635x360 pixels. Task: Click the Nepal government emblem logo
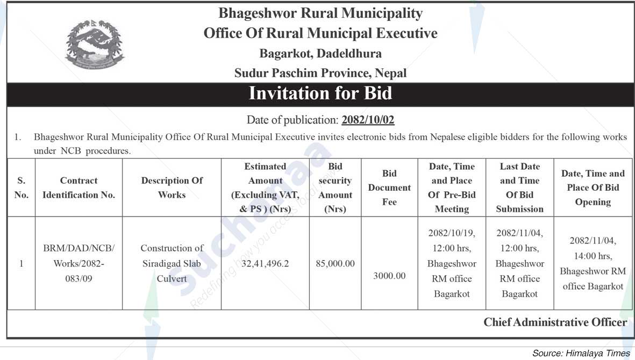[94, 45]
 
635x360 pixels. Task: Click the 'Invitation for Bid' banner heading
[320, 93]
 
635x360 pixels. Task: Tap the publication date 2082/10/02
[368, 120]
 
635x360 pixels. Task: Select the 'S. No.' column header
[22, 188]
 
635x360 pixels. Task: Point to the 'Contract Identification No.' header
[79, 188]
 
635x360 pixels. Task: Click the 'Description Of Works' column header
[172, 188]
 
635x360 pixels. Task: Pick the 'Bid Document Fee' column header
[389, 188]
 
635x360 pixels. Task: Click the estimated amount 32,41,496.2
[265, 264]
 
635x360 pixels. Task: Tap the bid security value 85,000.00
[335, 264]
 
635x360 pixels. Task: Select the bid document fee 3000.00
[389, 276]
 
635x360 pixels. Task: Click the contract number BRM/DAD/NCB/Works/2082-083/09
[79, 263]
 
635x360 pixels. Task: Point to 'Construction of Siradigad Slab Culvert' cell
[172, 263]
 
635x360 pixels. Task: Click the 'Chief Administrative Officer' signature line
[555, 322]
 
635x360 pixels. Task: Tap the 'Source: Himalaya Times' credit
[581, 353]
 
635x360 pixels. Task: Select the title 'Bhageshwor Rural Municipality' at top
[320, 13]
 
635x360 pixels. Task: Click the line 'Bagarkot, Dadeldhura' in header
[320, 53]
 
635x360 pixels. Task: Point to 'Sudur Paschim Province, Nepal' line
[320, 73]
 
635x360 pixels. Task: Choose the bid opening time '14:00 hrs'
[593, 256]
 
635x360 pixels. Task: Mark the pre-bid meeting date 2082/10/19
[452, 233]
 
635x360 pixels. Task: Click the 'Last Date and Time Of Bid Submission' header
[519, 188]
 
